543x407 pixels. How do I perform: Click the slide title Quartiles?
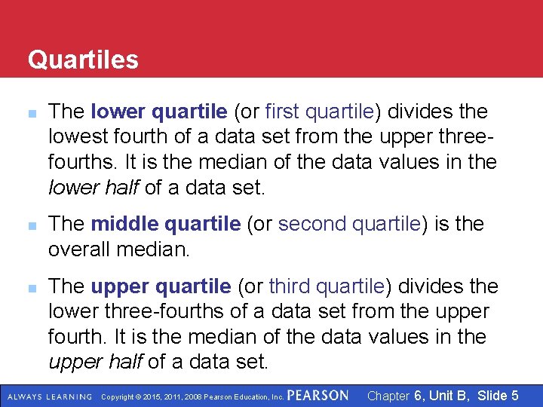click(83, 60)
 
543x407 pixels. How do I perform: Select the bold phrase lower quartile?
click(158, 112)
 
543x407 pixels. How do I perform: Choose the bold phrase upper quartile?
click(160, 286)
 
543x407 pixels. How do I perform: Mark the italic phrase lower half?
click(94, 187)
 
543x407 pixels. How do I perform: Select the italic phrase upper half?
click(95, 362)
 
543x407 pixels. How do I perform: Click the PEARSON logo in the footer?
click(318, 396)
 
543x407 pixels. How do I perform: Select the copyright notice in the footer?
click(192, 396)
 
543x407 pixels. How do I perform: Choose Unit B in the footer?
click(449, 396)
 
